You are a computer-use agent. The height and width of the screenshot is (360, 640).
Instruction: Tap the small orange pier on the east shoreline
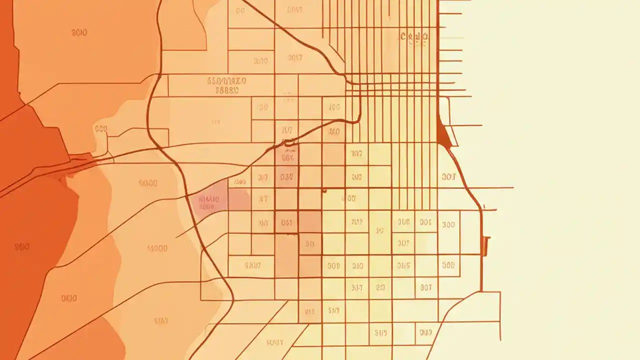click(x=485, y=246)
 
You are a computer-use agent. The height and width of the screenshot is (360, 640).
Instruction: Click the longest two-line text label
click(x=226, y=85)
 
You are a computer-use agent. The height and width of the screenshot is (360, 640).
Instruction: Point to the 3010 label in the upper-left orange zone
click(x=79, y=33)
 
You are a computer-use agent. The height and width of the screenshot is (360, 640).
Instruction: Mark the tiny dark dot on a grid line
click(x=324, y=190)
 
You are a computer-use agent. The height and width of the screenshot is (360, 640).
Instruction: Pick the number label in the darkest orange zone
click(x=22, y=246)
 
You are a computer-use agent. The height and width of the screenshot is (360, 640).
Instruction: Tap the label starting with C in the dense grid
click(x=414, y=36)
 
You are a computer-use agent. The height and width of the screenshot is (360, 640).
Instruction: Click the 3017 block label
click(x=295, y=58)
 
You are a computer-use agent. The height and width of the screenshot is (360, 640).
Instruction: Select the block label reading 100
click(x=334, y=107)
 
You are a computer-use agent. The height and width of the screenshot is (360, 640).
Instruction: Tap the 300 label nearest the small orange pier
click(x=448, y=224)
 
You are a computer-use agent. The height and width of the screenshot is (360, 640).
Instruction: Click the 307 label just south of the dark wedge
click(x=449, y=176)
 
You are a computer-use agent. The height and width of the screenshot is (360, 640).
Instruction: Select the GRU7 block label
click(x=252, y=265)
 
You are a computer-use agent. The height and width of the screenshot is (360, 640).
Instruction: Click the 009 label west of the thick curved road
click(x=101, y=129)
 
